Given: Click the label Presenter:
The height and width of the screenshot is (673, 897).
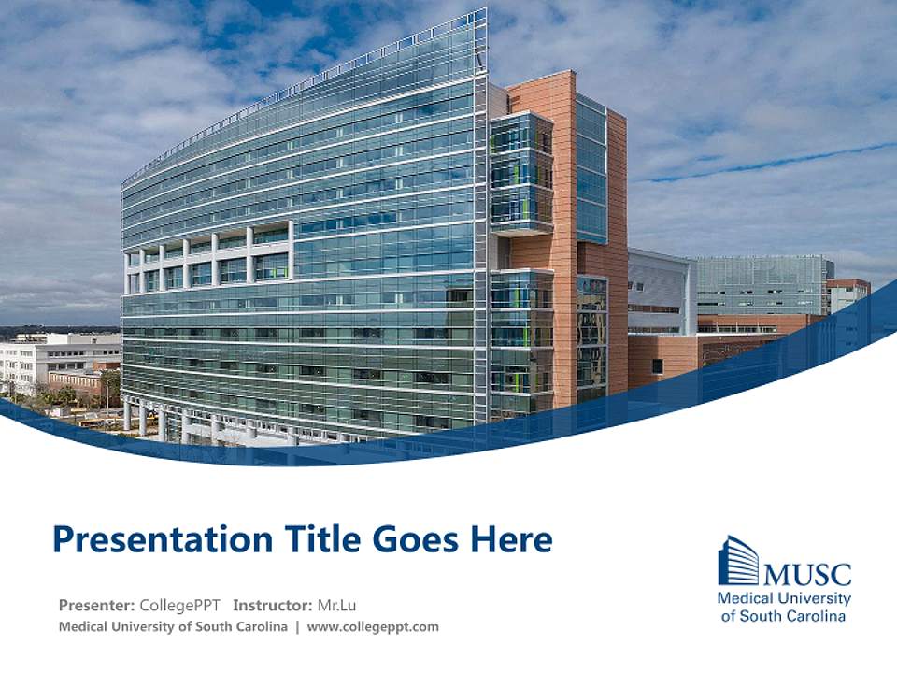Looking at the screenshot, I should [96, 605].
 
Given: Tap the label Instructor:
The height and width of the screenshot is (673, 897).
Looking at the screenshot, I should [273, 605].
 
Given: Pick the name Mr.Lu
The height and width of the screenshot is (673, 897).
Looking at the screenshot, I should [339, 605].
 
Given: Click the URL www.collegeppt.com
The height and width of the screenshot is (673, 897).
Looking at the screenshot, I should [373, 627].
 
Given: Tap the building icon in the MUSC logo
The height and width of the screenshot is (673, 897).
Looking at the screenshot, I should [738, 561].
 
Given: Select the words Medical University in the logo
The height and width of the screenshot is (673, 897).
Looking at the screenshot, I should [784, 598].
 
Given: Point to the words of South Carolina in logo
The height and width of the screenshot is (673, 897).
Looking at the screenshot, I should [784, 616].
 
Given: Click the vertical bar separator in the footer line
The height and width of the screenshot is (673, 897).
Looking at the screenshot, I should [297, 627].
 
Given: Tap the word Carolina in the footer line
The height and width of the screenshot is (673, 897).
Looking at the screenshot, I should [259, 627].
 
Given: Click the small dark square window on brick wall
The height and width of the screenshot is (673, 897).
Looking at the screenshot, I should [657, 366].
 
